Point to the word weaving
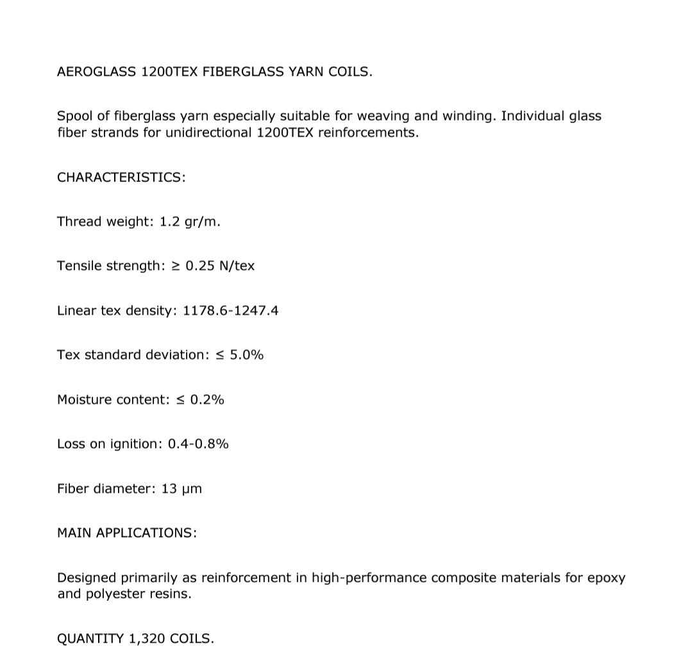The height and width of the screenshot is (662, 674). pos(382,117)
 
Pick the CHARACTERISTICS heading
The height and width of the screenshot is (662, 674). pos(121,178)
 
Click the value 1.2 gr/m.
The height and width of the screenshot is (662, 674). pos(190,222)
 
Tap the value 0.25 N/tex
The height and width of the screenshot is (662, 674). pos(220,266)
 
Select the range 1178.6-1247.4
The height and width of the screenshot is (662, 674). pos(230,311)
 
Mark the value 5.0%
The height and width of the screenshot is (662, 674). pos(246,355)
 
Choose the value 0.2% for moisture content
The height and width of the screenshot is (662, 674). pos(207,400)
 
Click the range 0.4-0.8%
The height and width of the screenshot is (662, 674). pos(198,444)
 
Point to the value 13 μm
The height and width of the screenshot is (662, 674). pos(181,489)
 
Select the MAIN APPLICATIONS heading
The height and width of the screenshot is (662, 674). pos(127,533)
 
